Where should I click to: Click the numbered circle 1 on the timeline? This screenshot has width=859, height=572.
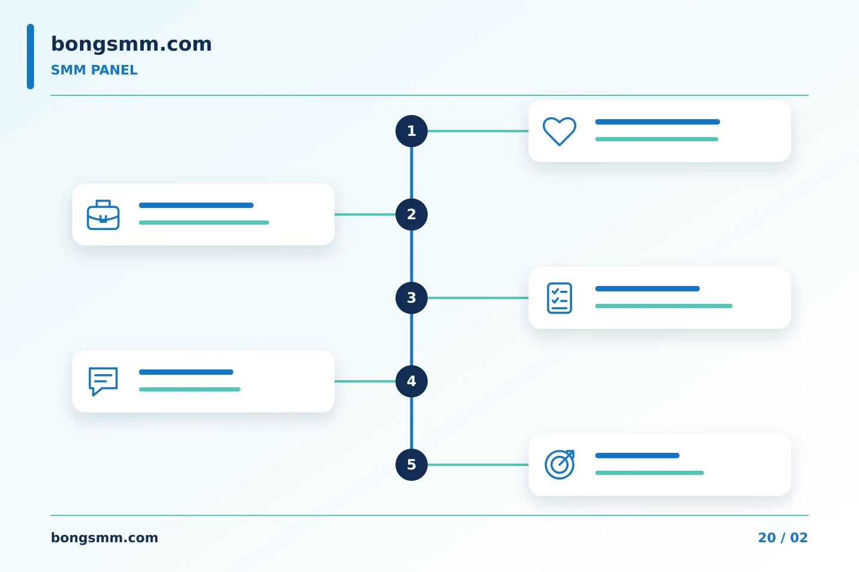412,131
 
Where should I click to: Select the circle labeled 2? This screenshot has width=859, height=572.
412,214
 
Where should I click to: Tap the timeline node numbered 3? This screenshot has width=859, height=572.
412,298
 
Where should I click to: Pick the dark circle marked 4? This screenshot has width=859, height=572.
412,381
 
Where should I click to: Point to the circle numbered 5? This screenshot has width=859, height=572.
412,465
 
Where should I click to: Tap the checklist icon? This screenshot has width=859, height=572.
560,298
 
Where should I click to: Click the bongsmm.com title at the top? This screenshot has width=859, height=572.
131,44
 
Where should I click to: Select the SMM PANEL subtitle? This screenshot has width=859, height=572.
94,70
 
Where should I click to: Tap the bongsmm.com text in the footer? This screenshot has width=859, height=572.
104,538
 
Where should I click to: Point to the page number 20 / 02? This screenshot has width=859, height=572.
783,538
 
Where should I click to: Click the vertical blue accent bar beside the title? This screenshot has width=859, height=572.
30,57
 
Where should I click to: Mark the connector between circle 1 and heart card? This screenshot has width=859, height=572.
478,131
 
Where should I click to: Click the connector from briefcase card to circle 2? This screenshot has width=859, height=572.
365,214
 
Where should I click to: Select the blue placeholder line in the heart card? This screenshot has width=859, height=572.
657,122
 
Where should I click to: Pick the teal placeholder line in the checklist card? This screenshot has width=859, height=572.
664,306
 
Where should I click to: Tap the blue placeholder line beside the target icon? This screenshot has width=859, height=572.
637,456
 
